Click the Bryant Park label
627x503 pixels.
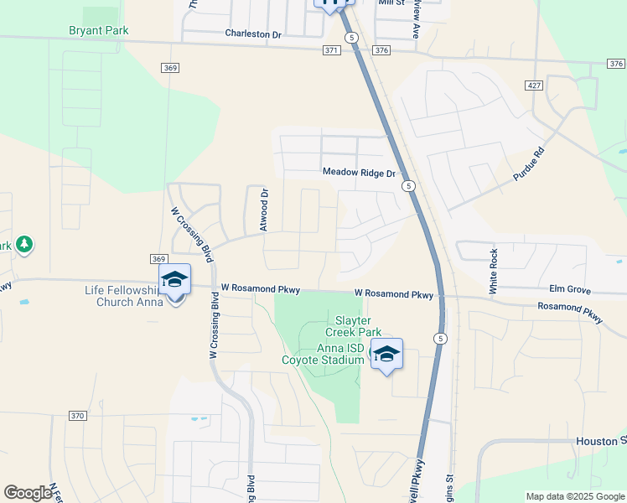(99, 30)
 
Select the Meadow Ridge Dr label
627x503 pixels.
(359, 173)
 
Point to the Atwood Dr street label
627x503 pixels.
(264, 210)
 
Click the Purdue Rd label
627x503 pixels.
(529, 165)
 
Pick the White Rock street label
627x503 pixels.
(494, 271)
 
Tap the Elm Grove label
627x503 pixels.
(569, 291)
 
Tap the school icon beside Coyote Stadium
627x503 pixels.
(386, 354)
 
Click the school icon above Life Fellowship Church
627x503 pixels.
(174, 279)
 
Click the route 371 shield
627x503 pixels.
(331, 50)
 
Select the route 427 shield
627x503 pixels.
(534, 86)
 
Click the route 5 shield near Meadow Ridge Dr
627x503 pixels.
(408, 185)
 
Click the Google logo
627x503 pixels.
(28, 493)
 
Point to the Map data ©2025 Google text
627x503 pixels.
(574, 496)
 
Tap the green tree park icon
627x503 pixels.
(24, 244)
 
